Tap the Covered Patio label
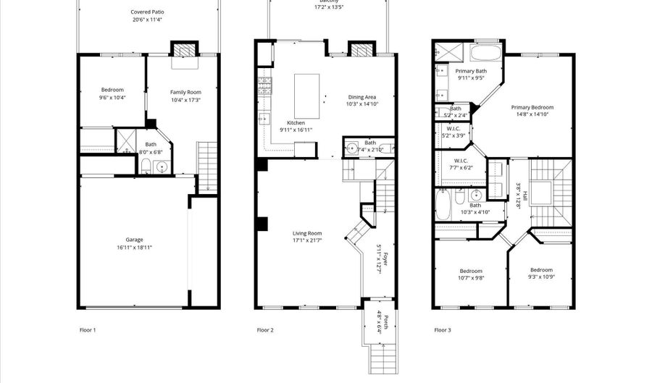coord(146,12)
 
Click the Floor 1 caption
coord(88,330)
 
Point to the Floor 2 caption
coord(265,330)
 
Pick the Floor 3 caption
coord(443,330)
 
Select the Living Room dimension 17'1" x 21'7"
coord(307,240)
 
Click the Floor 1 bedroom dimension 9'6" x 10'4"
coord(112,97)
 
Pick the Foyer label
coord(385,258)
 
